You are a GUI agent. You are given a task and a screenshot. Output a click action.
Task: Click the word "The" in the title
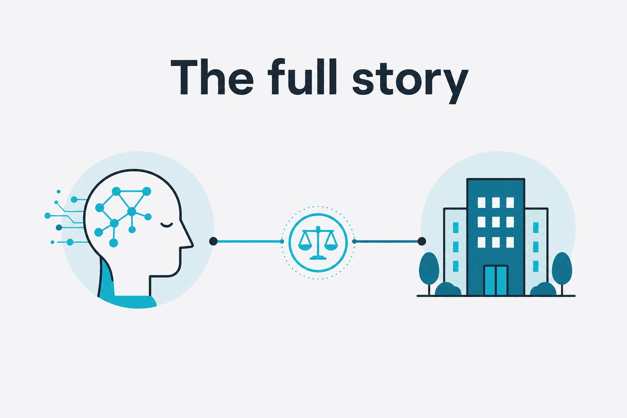[212, 76]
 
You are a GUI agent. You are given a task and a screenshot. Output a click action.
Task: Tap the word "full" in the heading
[302, 76]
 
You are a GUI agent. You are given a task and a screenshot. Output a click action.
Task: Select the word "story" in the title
[410, 82]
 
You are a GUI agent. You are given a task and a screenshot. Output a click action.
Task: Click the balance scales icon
[318, 243]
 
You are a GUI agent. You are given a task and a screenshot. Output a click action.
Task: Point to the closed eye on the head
[167, 225]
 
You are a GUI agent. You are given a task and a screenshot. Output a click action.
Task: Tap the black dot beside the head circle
[213, 241]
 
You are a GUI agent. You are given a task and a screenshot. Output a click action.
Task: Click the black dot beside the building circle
[422, 241]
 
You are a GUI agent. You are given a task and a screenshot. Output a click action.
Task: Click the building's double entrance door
[496, 280]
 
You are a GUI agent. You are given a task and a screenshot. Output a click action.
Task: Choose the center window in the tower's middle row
[496, 222]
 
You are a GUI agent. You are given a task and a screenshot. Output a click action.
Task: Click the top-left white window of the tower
[482, 202]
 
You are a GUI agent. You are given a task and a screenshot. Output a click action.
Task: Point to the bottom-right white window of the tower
[510, 243]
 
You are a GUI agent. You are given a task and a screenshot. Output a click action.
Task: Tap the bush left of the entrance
[448, 289]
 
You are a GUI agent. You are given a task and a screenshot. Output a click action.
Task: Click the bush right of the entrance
[543, 289]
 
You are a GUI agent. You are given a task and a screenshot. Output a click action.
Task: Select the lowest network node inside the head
[113, 243]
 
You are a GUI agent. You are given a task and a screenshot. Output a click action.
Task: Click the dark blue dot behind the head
[59, 227]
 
